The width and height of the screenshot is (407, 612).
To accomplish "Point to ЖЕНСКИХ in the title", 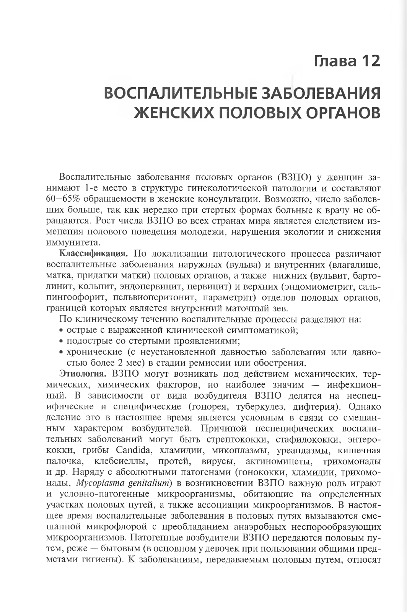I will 173,113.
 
